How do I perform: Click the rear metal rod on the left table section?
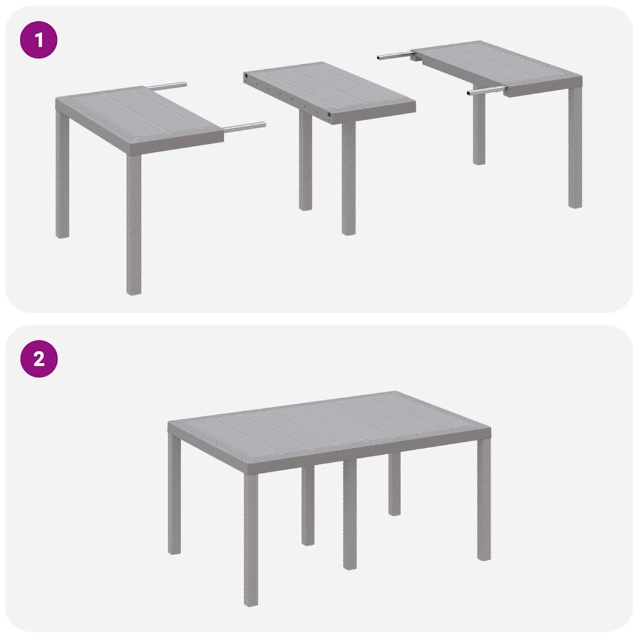[166, 86]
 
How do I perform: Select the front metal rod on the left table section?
[244, 127]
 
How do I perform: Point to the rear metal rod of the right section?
[394, 56]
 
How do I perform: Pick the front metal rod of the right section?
[486, 91]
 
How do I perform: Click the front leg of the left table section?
[134, 224]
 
